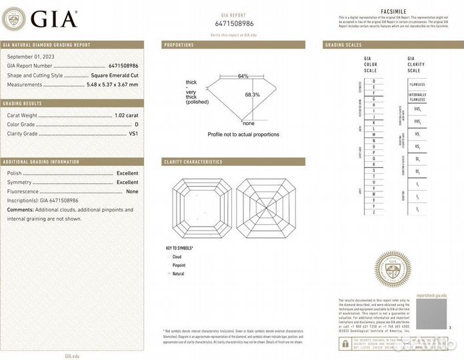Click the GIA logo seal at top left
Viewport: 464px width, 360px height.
pos(15,18)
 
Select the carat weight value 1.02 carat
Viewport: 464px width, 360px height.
pos(125,115)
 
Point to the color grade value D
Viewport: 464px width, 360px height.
pos(136,125)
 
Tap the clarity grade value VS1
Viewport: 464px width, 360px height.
pos(133,134)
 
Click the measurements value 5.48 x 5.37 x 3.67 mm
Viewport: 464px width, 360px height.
pos(114,85)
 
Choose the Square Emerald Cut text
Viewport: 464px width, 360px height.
pos(114,75)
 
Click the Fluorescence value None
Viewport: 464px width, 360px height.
pos(132,191)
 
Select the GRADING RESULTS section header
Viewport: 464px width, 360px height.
pos(23,103)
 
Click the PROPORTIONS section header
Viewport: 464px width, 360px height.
pos(179,45)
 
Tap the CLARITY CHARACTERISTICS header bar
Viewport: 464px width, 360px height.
pos(193,162)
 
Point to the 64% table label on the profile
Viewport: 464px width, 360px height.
pos(243,76)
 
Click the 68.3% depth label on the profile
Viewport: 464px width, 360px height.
pos(252,95)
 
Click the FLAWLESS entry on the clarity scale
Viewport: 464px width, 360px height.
pos(417,85)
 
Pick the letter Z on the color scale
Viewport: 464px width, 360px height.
pos(373,211)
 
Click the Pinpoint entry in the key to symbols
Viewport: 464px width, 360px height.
pos(179,265)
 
